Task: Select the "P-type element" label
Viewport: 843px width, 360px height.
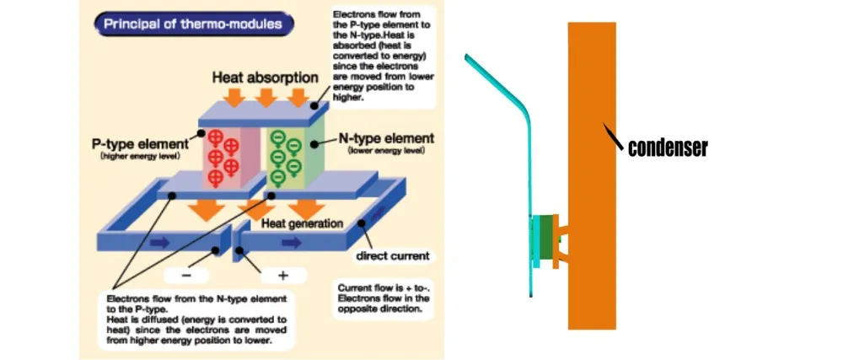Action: click(140, 144)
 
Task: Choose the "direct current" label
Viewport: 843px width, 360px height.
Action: click(392, 255)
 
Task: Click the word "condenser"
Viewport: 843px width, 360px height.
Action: click(668, 148)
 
